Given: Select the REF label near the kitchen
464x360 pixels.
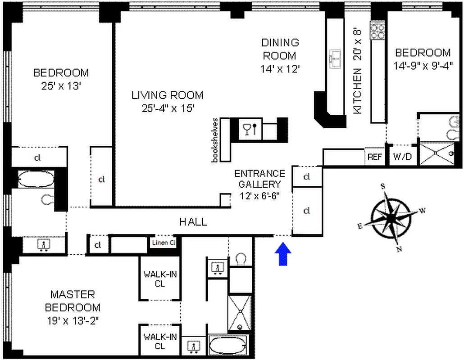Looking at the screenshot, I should (375, 157).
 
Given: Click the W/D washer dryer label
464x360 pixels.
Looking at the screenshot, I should (402, 157).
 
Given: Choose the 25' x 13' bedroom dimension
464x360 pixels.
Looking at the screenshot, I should (61, 85).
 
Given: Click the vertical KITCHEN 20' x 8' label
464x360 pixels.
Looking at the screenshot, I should (358, 72).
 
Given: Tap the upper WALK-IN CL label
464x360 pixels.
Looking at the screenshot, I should (160, 279).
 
